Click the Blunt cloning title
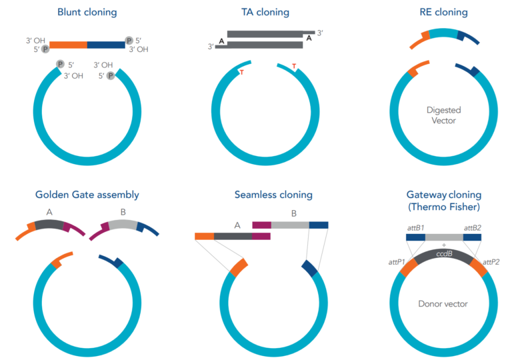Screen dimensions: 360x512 coord(88,12)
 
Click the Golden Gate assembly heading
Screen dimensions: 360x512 coord(87,195)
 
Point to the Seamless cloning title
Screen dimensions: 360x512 coord(273,195)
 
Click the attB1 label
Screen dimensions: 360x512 coord(416,227)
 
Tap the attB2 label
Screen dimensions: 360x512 coord(473,227)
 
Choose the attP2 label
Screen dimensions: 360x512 coord(491,262)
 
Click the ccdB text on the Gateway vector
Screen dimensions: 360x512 coord(445,253)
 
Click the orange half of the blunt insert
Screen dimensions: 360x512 coord(68,45)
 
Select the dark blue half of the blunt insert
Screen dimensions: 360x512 coord(105,45)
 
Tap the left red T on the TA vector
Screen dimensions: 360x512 coord(241,72)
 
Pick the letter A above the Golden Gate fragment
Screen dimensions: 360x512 coord(49,213)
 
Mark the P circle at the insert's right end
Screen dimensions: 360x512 coord(129,40)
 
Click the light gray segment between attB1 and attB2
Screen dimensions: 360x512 coord(444,237)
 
